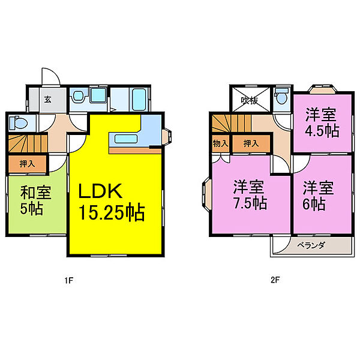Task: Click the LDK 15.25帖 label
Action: pyautogui.click(x=112, y=202)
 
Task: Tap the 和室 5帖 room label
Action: pyautogui.click(x=35, y=200)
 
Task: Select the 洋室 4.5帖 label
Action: pyautogui.click(x=322, y=122)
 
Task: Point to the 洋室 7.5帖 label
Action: pyautogui.click(x=250, y=195)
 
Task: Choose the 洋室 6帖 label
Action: pyautogui.click(x=318, y=196)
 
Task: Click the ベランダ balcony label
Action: pyautogui.click(x=311, y=245)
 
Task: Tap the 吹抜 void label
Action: pyautogui.click(x=250, y=100)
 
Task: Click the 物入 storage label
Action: pyautogui.click(x=220, y=144)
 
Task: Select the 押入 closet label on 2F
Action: pyautogui.click(x=251, y=144)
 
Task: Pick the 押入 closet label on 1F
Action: pyautogui.click(x=28, y=164)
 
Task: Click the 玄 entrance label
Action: pyautogui.click(x=47, y=100)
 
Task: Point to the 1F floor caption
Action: pyautogui.click(x=68, y=280)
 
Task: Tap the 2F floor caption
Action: pyautogui.click(x=275, y=280)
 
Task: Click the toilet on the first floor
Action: pyautogui.click(x=18, y=122)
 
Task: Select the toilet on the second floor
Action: pyautogui.click(x=281, y=97)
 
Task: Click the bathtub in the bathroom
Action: pyautogui.click(x=139, y=100)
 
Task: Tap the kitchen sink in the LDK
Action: pyautogui.click(x=126, y=139)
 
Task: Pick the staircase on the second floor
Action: pyautogui.click(x=232, y=123)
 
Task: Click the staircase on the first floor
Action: pyautogui.click(x=28, y=143)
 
